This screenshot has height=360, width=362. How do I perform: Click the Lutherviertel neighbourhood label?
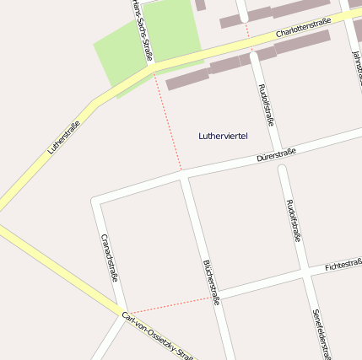coord(223,136)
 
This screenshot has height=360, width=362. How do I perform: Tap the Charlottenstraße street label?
coord(303,33)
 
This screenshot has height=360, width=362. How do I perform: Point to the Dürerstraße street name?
coord(276,154)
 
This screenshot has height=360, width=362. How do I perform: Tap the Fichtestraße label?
coord(343,266)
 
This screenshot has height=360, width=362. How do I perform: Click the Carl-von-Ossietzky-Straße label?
coord(158,336)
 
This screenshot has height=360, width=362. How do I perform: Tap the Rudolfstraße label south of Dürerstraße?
coord(293,221)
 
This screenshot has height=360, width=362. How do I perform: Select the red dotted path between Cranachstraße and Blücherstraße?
coord(169,305)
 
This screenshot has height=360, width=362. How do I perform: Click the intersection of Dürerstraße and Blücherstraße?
coord(182,176)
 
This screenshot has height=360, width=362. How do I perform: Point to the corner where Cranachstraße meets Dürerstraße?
coord(96,202)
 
